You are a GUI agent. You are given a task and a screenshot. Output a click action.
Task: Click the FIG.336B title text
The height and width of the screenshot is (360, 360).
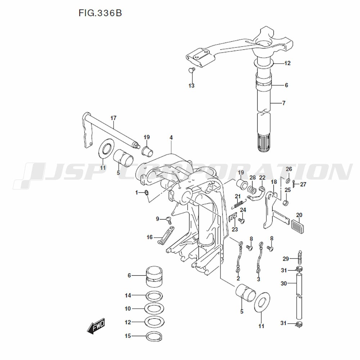[100, 13]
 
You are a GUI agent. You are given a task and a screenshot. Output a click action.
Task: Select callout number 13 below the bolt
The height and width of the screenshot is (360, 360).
[192, 86]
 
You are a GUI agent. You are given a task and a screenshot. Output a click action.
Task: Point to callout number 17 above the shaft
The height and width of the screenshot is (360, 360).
[113, 118]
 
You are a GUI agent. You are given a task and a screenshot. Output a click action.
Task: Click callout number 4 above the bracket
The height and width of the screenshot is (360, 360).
[171, 138]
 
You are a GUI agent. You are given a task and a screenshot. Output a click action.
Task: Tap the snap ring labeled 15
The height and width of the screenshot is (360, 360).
[155, 336]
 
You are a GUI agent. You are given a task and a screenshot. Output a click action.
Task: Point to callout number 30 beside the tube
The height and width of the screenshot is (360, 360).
[284, 284]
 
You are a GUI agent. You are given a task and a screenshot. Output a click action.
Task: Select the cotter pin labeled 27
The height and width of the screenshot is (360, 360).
[294, 184]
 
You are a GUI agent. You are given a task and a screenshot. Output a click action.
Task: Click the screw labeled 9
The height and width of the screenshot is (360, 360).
[168, 219]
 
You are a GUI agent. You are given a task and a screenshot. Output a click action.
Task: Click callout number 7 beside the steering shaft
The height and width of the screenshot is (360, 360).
[284, 103]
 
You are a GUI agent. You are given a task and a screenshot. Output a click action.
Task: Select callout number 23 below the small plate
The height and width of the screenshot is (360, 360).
[235, 229]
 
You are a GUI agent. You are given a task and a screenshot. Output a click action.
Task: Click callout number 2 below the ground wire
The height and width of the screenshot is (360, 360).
[238, 279]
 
